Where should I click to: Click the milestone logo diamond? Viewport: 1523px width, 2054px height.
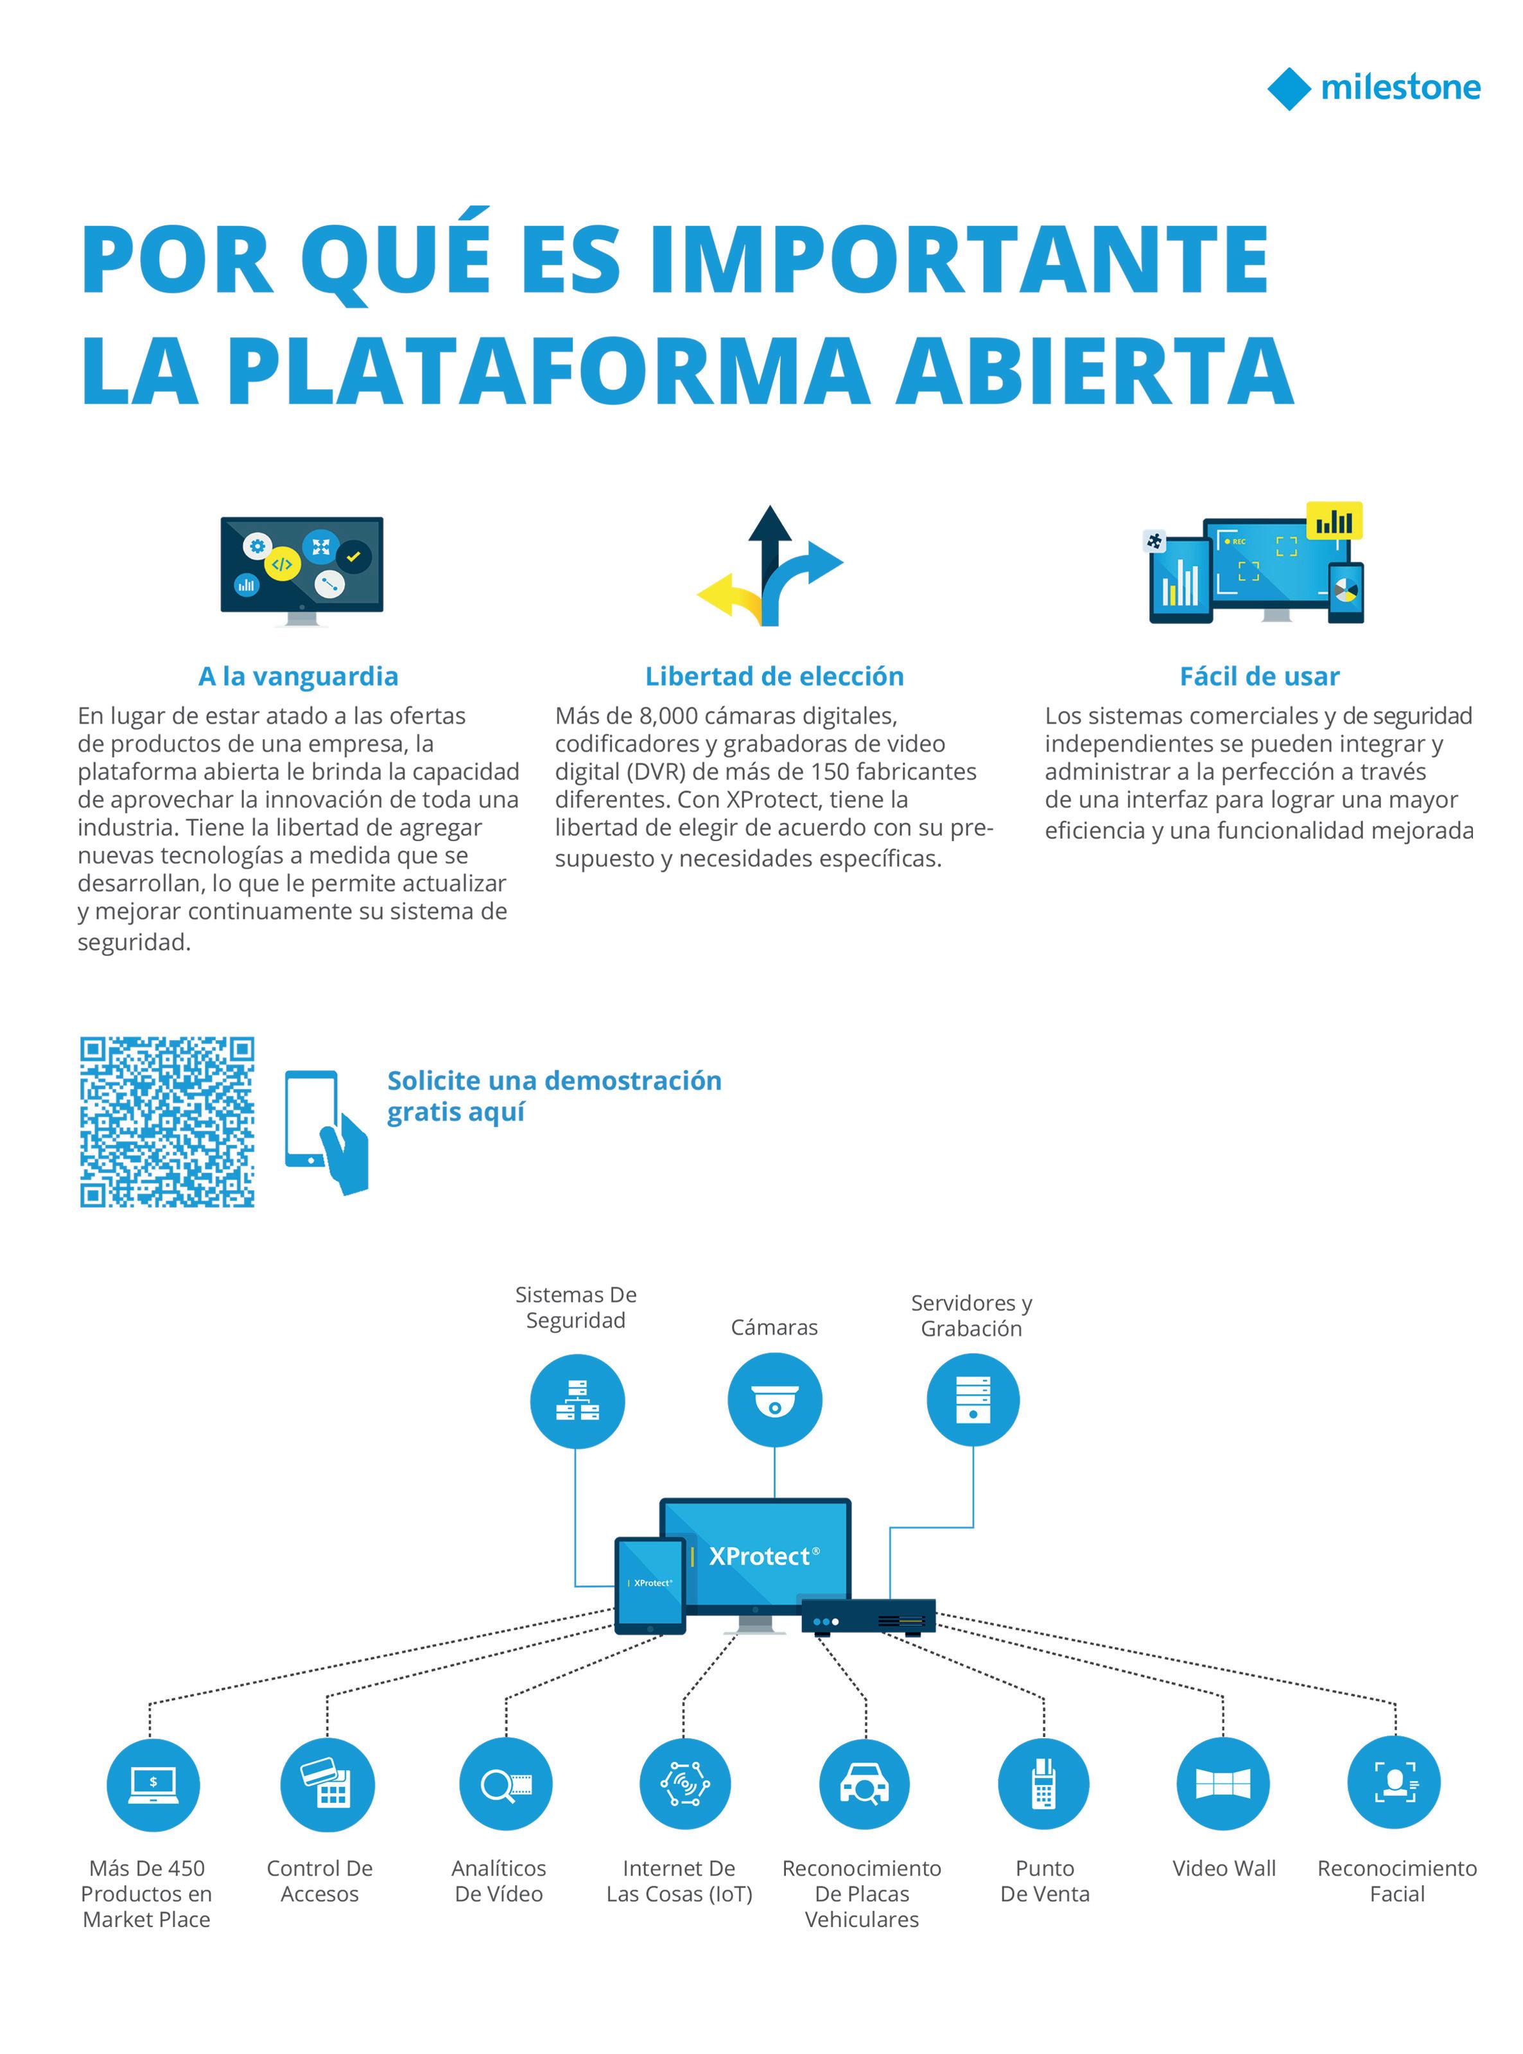coord(1288,89)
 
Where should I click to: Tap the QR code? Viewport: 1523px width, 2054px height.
coord(167,1122)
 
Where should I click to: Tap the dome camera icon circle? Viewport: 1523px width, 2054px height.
coord(774,1400)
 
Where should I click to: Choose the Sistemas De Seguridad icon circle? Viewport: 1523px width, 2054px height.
coord(577,1400)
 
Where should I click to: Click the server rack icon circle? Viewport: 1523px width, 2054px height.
coord(973,1400)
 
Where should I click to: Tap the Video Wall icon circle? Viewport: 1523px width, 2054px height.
coord(1223,1784)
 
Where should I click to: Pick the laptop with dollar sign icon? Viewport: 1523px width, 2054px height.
coord(152,1784)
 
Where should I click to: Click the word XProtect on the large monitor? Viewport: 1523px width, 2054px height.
coord(759,1557)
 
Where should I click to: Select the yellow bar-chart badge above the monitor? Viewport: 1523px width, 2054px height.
coord(1334,521)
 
